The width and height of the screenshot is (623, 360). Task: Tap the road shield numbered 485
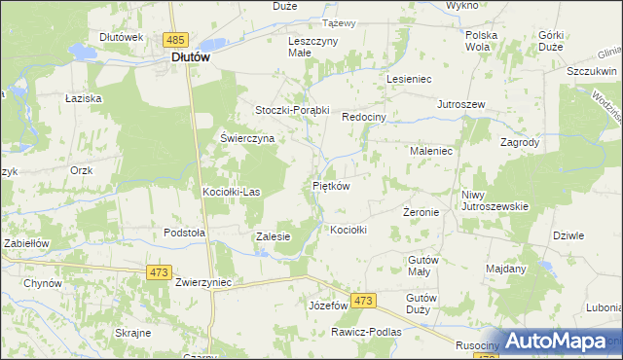point(175,40)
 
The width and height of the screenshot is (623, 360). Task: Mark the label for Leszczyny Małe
point(313,48)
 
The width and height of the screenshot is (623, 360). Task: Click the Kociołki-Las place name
point(231,192)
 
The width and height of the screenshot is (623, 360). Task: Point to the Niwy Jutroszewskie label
point(495,199)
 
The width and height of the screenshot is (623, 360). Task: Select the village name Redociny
point(365,117)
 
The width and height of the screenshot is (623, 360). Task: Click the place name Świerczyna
point(247,138)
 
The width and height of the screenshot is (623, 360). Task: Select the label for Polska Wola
point(481,40)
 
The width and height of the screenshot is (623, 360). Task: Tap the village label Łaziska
point(84,99)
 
